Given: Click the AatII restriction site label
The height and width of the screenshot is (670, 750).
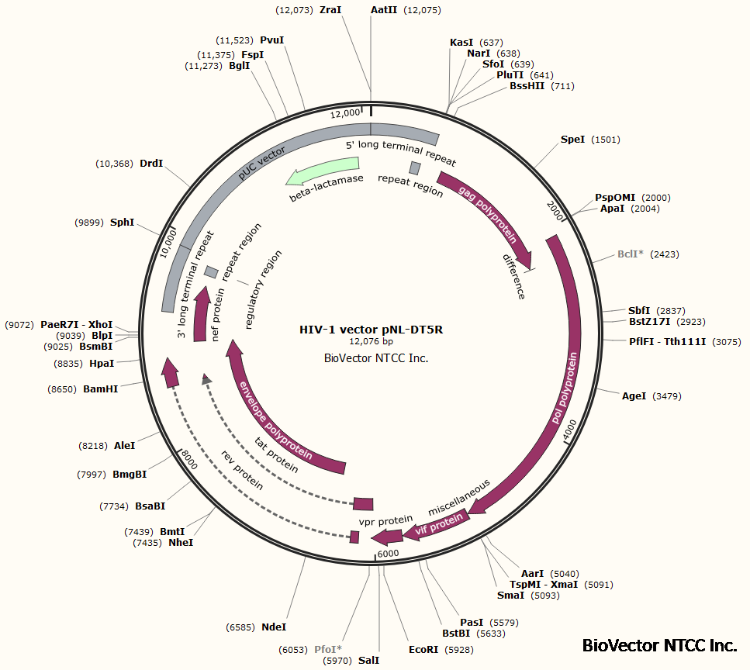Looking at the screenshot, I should [x=384, y=10].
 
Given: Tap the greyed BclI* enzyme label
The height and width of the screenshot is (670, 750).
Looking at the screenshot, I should [x=630, y=254].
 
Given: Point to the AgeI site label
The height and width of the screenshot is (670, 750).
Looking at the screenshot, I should [x=634, y=396].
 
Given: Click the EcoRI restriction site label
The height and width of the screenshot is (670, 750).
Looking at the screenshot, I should [x=423, y=650].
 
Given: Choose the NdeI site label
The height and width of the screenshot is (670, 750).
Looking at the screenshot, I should [x=274, y=627].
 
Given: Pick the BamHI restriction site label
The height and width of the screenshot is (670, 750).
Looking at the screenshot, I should [x=101, y=389].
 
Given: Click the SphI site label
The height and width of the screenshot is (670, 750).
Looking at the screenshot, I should [x=122, y=223].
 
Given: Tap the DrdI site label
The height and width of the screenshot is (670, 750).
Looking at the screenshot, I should [x=151, y=164].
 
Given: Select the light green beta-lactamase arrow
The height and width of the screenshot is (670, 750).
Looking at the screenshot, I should [x=322, y=171].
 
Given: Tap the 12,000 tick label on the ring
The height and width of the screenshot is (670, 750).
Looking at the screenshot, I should [x=345, y=113].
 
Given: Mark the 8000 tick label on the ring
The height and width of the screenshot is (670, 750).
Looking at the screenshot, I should [x=189, y=460].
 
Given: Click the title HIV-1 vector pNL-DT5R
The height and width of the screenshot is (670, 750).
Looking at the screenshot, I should [x=371, y=329].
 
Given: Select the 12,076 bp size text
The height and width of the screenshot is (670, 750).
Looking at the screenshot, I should [x=371, y=341].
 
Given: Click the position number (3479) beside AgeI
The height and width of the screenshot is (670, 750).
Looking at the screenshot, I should [x=667, y=396].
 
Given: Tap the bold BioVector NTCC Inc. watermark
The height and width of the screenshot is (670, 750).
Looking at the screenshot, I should [x=658, y=645].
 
